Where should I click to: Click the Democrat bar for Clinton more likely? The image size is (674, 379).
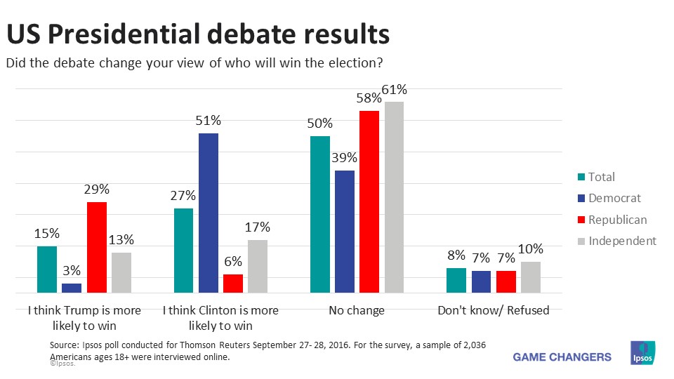(209, 213)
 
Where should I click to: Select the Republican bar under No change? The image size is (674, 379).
(369, 201)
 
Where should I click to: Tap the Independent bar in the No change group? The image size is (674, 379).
(394, 197)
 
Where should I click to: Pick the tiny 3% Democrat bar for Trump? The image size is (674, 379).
(72, 288)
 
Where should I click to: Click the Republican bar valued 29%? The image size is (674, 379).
(97, 247)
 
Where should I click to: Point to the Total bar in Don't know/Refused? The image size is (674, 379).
(456, 280)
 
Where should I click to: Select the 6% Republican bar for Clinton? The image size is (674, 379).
(233, 283)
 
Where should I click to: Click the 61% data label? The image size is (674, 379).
(394, 90)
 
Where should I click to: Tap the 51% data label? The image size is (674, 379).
(209, 121)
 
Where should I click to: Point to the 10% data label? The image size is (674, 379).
(531, 249)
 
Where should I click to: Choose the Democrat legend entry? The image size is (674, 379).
(608, 199)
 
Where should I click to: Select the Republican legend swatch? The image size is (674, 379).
(580, 220)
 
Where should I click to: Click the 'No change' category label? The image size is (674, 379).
(357, 310)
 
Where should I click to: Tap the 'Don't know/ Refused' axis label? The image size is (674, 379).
(493, 310)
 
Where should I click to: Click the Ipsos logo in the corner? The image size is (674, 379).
(643, 354)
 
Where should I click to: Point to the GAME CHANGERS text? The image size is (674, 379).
(562, 357)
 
